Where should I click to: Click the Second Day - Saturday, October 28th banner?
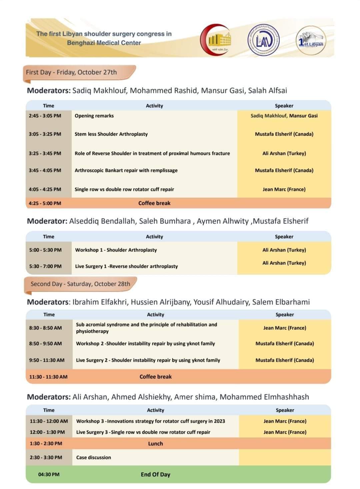pos(80,284)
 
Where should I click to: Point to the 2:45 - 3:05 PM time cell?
pos(45,116)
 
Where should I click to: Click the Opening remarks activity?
pos(94,116)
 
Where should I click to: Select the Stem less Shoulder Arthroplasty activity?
pos(111,134)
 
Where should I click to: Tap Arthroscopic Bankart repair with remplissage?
pos(126,170)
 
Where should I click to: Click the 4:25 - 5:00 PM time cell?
pos(45,203)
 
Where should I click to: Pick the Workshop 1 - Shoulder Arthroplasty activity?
pos(116,250)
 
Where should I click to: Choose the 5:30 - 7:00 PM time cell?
pos(45,266)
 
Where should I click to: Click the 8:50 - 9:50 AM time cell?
pos(45,343)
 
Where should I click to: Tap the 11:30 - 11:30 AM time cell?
pos(48,377)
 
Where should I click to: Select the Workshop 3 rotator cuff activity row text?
pos(150,421)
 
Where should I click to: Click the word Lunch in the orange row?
pos(155,444)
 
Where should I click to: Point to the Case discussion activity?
pos(93,457)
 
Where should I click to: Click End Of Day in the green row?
pos(155,474)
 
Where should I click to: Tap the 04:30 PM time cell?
pos(49,474)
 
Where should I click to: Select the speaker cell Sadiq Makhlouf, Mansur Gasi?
pos(284,116)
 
